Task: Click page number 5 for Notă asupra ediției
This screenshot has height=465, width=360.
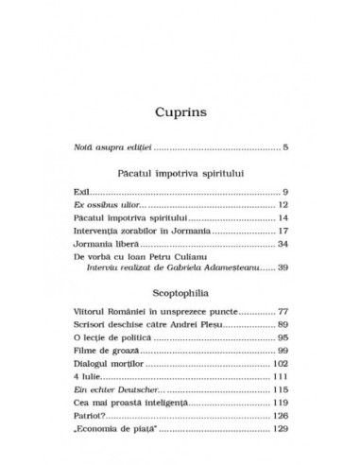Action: [x=284, y=147]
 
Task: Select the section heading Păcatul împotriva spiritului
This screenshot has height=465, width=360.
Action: [x=180, y=176]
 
